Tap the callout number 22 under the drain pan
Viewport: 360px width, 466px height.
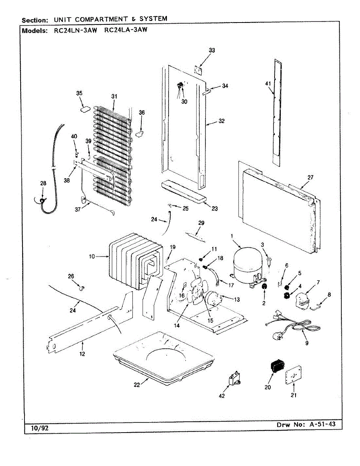137,384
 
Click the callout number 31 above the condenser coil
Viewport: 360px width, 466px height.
114,96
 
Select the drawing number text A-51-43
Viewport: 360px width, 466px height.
322,424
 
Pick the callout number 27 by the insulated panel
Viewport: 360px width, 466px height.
310,177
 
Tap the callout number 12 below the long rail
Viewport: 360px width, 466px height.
82,354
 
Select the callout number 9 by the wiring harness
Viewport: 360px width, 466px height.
307,343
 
